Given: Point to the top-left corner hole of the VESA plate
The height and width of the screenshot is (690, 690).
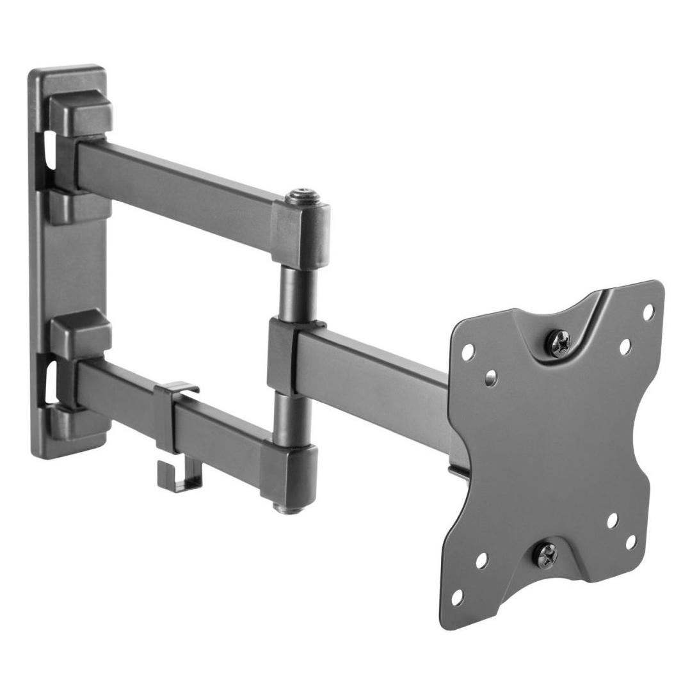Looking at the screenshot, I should click(x=468, y=350).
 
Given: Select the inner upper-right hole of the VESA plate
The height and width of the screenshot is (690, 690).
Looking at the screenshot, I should click(x=625, y=346).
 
